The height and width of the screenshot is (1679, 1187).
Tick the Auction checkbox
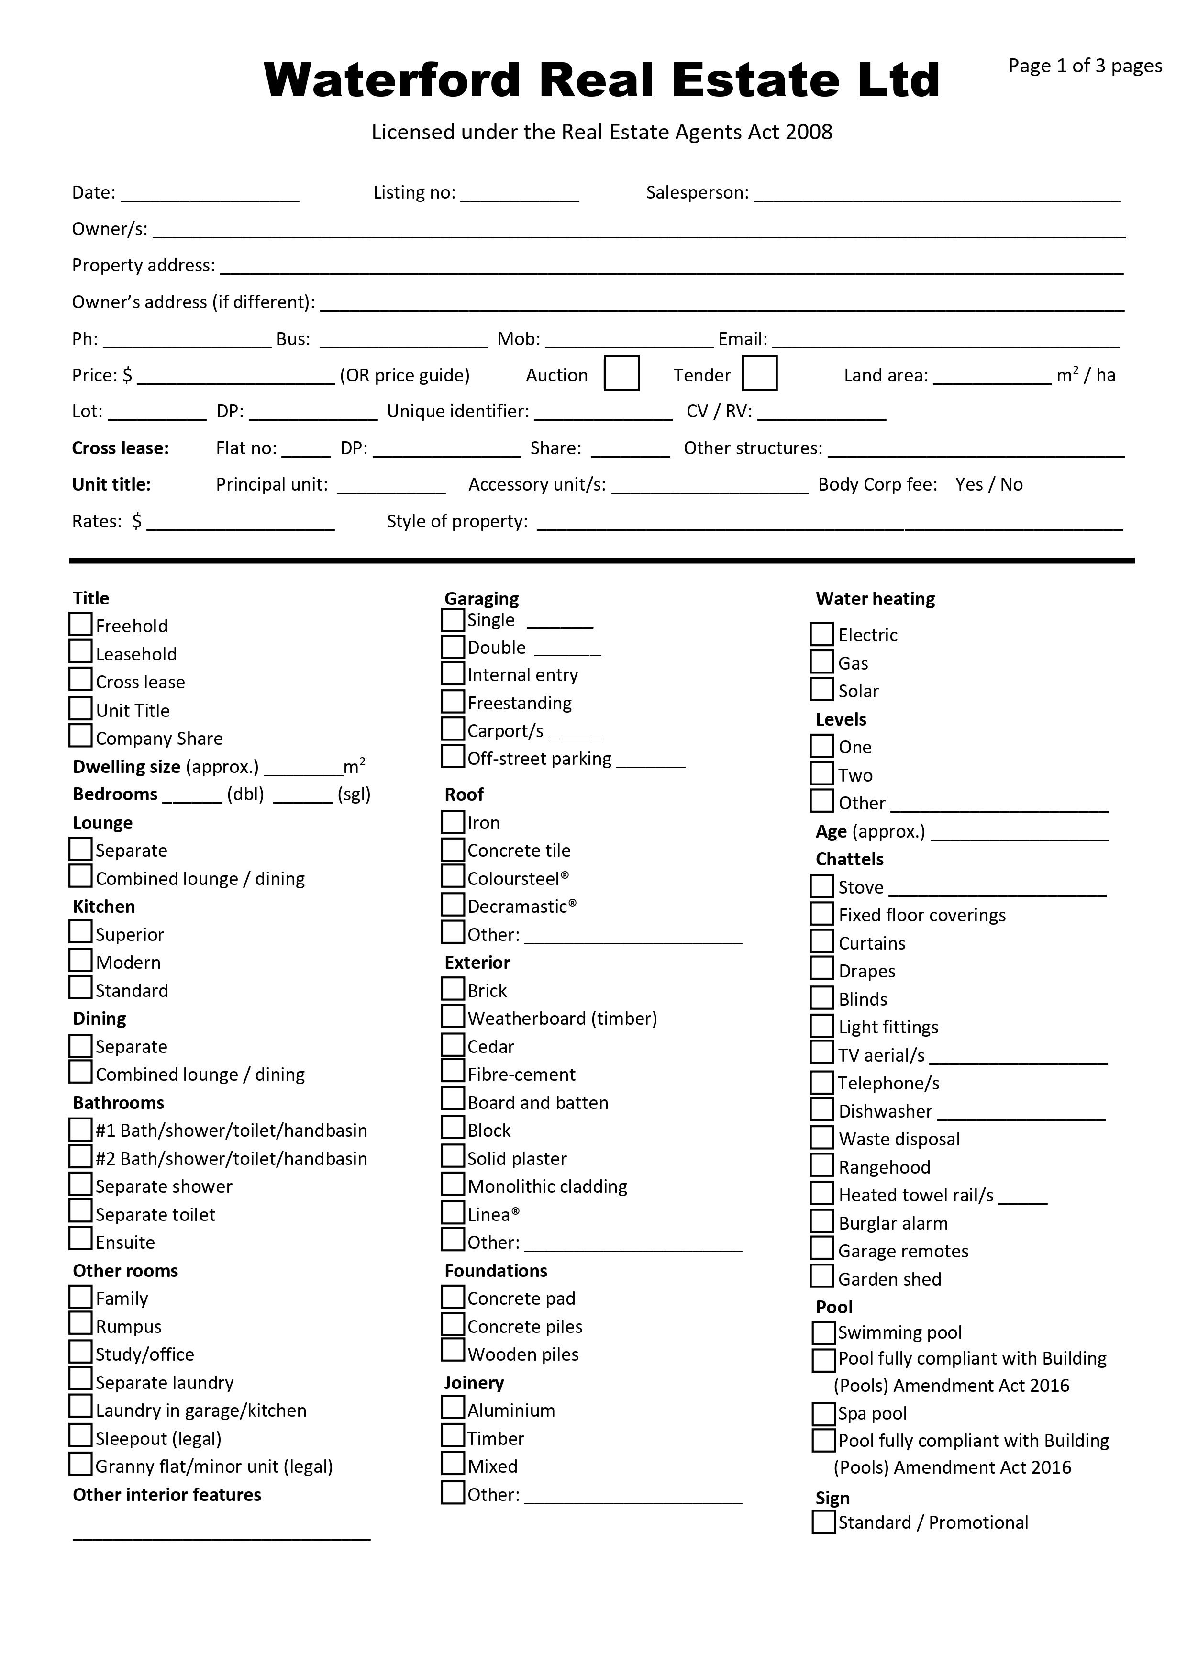621,373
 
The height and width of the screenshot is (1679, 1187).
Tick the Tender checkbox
759,373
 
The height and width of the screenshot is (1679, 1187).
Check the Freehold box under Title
80,624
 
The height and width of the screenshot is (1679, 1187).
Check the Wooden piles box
453,1352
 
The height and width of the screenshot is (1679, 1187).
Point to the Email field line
946,342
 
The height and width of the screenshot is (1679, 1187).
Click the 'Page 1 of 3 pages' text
1085,66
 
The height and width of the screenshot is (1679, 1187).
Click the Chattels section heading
849,859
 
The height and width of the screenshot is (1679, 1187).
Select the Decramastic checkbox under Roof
453,905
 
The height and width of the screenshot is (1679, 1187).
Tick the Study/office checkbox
80,1352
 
